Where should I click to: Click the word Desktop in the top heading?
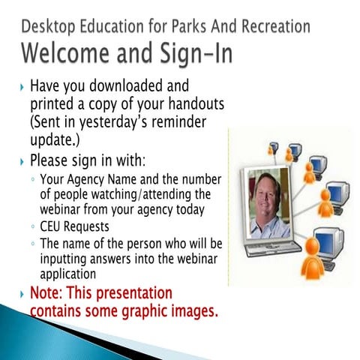pyautogui.click(x=48, y=27)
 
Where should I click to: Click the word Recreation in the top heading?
pyautogui.click(x=276, y=26)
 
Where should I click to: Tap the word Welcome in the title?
pyautogui.click(x=66, y=53)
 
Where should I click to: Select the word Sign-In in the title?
pyautogui.click(x=196, y=53)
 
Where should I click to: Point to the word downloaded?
pyautogui.click(x=126, y=85)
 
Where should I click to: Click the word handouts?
pyautogui.click(x=196, y=103)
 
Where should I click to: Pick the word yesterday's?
pyautogui.click(x=114, y=122)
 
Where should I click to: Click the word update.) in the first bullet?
pyautogui.click(x=55, y=140)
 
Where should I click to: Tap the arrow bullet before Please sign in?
pyautogui.click(x=22, y=162)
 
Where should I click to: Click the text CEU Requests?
pyautogui.click(x=74, y=226)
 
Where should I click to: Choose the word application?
pyautogui.click(x=68, y=274)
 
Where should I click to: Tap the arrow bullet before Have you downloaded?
pyautogui.click(x=22, y=88)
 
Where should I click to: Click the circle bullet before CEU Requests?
pyautogui.click(x=33, y=226)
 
